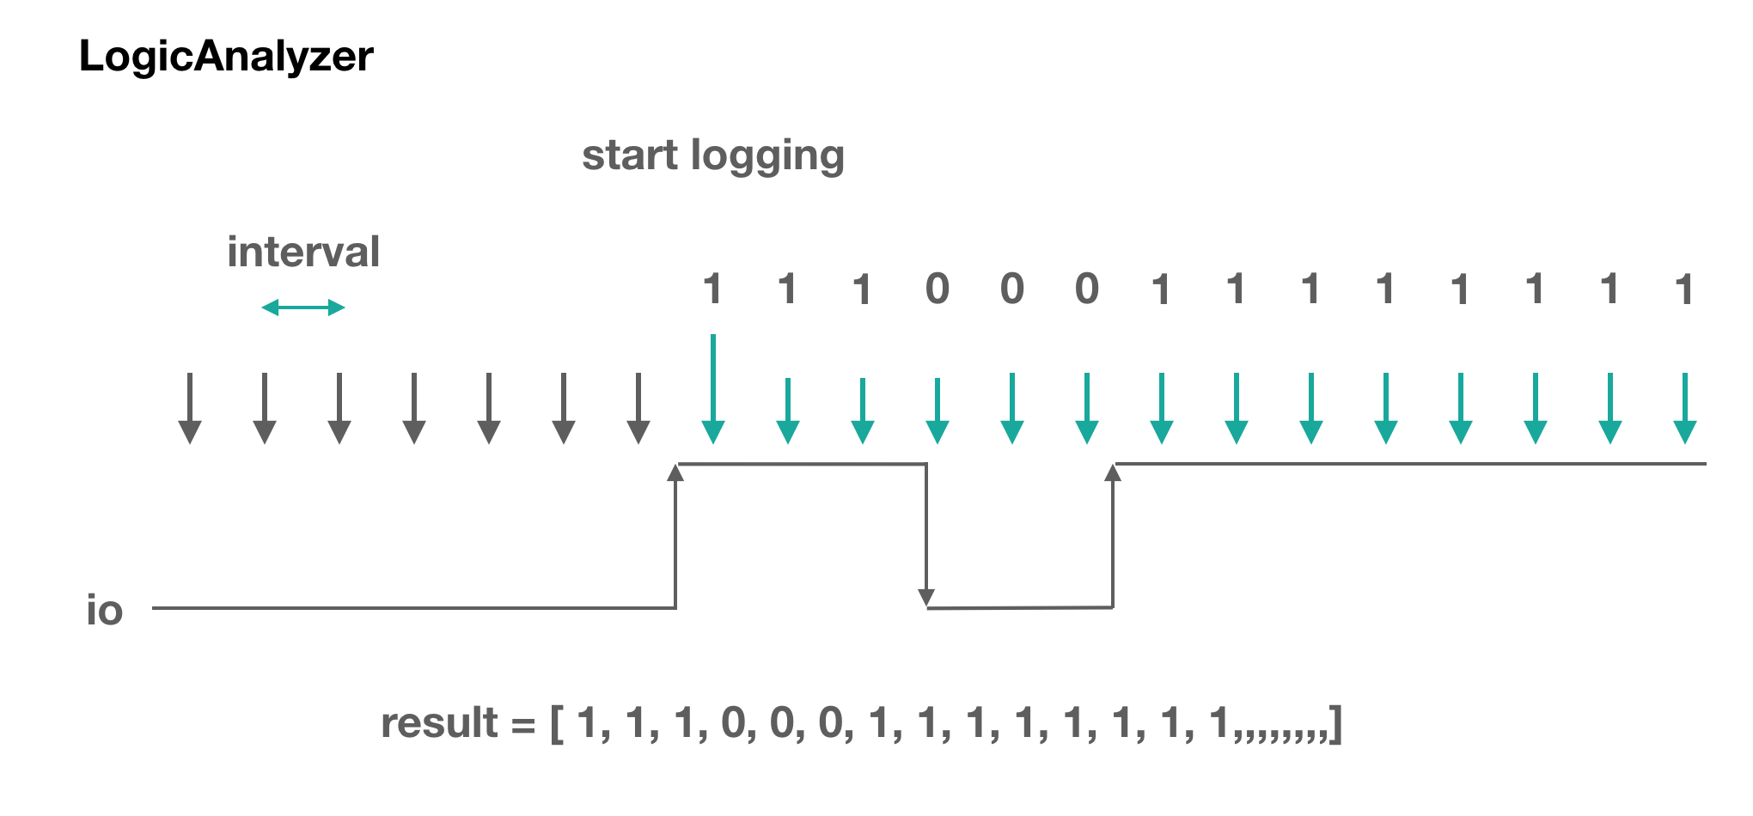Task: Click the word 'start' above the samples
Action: point(630,156)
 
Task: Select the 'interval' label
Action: point(303,253)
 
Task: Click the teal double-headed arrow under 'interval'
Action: point(303,308)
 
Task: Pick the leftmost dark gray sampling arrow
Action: point(190,408)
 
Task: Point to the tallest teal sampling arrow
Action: point(713,389)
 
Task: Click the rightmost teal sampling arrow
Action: point(1685,408)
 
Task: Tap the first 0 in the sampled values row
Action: point(938,289)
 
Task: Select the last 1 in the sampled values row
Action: point(1684,289)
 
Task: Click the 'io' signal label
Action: point(105,611)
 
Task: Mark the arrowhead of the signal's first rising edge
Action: point(676,472)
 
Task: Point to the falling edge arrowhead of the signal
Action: point(926,598)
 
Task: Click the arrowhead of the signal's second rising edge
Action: point(1113,472)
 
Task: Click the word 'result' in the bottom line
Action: point(439,723)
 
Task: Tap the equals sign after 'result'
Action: point(523,727)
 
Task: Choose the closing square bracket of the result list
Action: point(1335,725)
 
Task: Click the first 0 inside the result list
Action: point(733,723)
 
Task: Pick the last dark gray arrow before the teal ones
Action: point(638,408)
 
